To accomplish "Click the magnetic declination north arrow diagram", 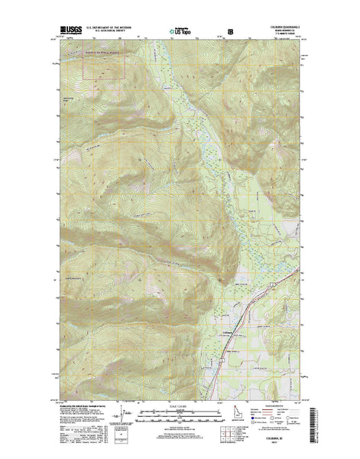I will tap(130, 419).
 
